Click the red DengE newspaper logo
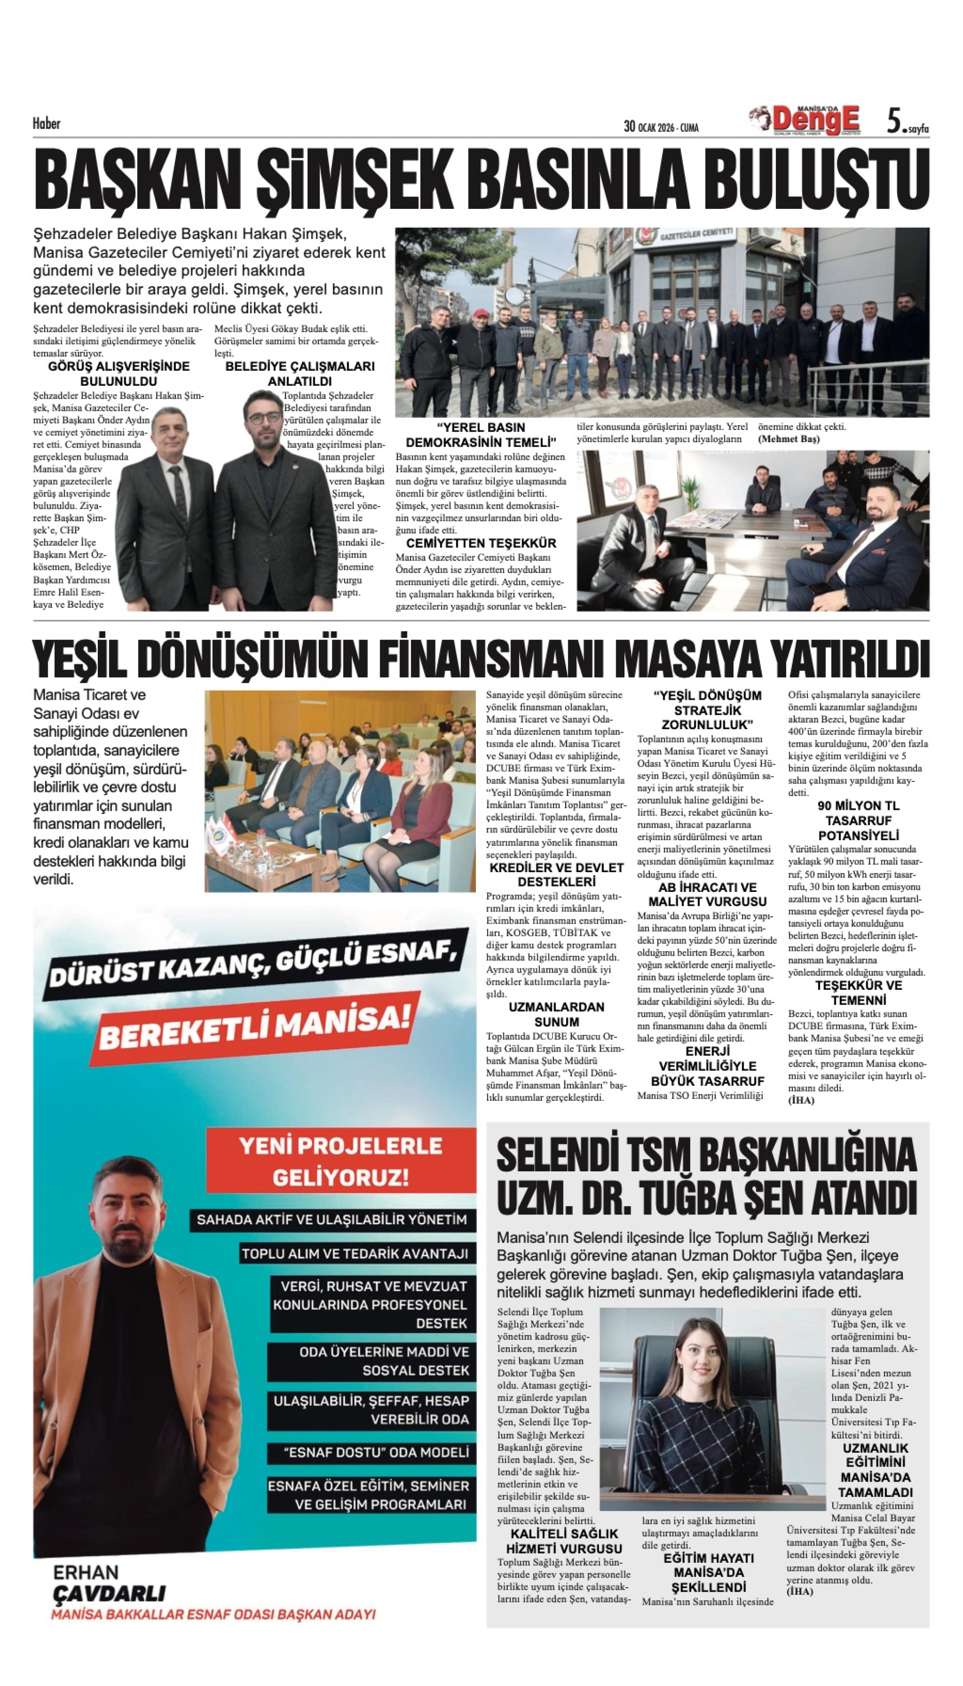point(815,120)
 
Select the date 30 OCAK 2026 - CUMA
point(661,126)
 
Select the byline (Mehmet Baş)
point(788,439)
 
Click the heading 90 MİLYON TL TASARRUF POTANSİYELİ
point(858,820)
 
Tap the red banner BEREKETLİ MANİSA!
point(254,1024)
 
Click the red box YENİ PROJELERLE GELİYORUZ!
point(340,1161)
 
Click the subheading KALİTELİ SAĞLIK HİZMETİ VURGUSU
point(564,1540)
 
